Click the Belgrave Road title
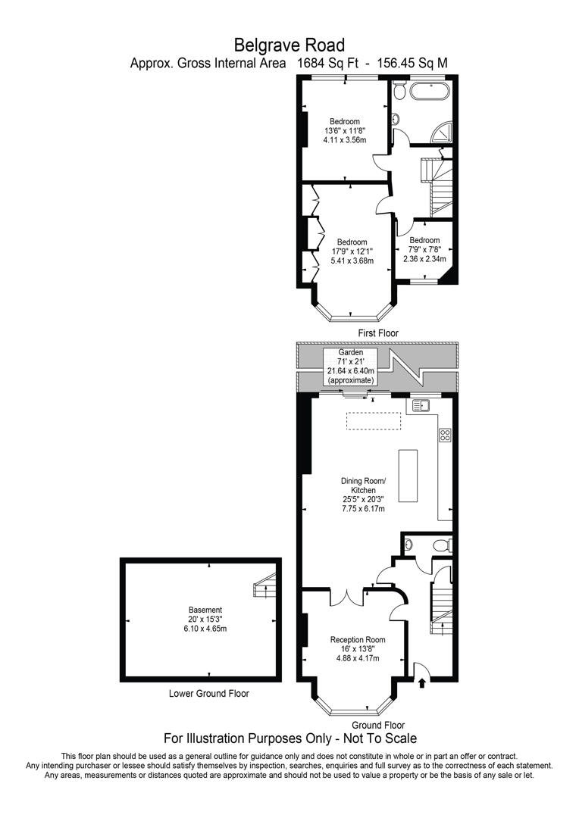(289, 45)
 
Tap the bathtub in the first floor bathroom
(429, 93)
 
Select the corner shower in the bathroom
(442, 134)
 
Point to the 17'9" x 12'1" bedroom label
(352, 251)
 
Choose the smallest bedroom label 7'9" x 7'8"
(424, 249)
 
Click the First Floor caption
(377, 333)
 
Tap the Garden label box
(350, 367)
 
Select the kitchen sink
(421, 406)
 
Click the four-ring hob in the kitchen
(445, 435)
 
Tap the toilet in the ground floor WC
(441, 545)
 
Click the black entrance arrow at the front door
(421, 683)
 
